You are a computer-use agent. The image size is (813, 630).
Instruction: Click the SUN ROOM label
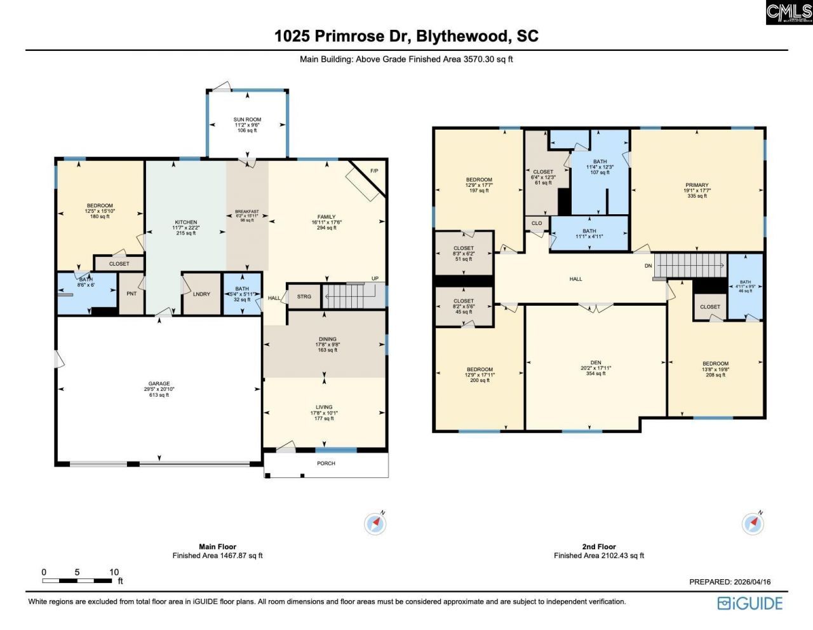click(x=247, y=120)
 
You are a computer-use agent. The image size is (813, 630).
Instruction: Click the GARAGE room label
click(x=159, y=383)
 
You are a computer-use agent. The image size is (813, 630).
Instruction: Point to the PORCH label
click(x=326, y=463)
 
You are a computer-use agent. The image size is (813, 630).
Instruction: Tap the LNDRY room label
click(x=201, y=294)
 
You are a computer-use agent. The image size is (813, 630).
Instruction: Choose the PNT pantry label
click(x=131, y=294)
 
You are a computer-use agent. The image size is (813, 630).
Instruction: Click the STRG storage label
click(x=304, y=296)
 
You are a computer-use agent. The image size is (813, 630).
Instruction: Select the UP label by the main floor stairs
click(x=375, y=278)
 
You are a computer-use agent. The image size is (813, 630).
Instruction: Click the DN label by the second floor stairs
click(x=648, y=266)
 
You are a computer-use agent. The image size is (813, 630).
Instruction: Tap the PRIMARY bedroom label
click(x=697, y=185)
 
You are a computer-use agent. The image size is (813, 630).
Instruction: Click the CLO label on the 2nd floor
click(x=537, y=223)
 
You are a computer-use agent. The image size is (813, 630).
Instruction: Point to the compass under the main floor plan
click(x=375, y=524)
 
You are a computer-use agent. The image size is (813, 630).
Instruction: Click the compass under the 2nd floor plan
click(x=753, y=524)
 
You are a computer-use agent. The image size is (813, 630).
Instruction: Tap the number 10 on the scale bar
click(x=114, y=572)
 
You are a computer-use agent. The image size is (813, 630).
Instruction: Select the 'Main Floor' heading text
click(x=217, y=547)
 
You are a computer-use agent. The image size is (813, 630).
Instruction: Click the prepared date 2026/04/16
click(x=752, y=582)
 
